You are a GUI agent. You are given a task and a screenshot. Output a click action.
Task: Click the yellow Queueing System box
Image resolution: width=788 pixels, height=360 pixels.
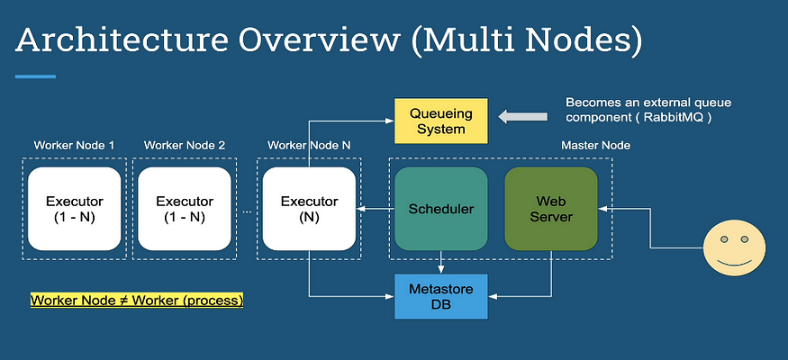pos(440,121)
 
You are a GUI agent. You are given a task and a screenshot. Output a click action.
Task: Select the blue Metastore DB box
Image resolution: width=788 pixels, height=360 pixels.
pos(440,297)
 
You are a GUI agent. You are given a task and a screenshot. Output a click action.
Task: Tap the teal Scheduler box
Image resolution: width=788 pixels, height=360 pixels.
pos(440,209)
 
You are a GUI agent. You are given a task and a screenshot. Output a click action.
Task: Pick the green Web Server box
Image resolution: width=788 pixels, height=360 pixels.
pos(551,209)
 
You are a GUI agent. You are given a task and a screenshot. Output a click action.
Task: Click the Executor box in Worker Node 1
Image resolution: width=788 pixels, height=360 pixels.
pos(75,209)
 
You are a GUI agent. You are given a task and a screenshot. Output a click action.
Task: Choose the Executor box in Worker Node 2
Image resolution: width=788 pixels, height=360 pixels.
pos(185,209)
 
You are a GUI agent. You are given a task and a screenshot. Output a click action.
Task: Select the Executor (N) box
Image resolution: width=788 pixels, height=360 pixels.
pos(309,209)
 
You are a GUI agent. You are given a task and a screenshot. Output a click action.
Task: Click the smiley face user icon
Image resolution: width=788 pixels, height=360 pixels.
pos(734,249)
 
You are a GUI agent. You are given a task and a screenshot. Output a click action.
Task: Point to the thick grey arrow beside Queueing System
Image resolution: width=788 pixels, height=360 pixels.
pos(522,117)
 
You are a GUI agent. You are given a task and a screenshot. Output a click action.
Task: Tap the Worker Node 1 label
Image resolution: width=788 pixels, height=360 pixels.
pos(74,146)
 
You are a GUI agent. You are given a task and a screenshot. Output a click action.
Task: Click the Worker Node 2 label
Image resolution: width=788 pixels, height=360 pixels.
pos(185,146)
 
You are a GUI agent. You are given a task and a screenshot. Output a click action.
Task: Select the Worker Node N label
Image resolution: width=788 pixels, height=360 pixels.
pos(309,146)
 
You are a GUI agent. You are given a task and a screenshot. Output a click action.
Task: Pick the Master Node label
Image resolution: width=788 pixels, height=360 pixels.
pos(595,146)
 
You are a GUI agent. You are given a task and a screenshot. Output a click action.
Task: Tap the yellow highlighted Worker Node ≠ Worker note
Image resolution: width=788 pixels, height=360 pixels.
pos(137,301)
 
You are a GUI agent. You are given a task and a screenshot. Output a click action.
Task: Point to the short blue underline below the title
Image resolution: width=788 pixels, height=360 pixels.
pos(35,76)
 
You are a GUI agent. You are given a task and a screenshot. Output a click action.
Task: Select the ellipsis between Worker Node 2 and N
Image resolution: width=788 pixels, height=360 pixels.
pos(247,211)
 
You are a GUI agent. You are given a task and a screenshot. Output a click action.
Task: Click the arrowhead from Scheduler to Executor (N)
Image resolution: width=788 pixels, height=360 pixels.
pos(360,209)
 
